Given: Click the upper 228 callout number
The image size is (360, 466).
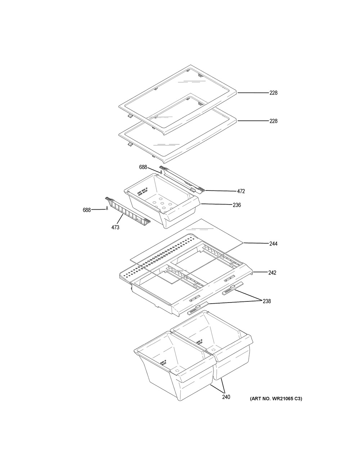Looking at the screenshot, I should (x=274, y=93).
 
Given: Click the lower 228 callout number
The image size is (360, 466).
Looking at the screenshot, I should (x=274, y=121).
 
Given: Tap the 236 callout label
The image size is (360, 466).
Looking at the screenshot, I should (x=237, y=205).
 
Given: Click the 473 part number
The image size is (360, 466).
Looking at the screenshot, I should (x=115, y=227).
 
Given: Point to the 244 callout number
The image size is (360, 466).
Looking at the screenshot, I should (x=274, y=244).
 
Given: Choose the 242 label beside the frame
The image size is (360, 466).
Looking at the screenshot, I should (x=272, y=273).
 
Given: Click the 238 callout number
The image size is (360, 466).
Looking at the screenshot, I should (x=266, y=301).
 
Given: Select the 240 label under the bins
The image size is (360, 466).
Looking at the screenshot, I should (x=226, y=397).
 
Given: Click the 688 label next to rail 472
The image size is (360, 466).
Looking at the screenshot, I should (x=143, y=167).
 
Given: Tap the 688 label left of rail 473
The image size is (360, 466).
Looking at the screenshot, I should (x=87, y=210).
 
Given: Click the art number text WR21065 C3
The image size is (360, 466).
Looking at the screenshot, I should (x=276, y=399).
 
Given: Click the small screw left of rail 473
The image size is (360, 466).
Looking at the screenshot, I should (x=107, y=209).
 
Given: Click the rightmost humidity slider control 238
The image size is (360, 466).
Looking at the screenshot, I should (x=230, y=288).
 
